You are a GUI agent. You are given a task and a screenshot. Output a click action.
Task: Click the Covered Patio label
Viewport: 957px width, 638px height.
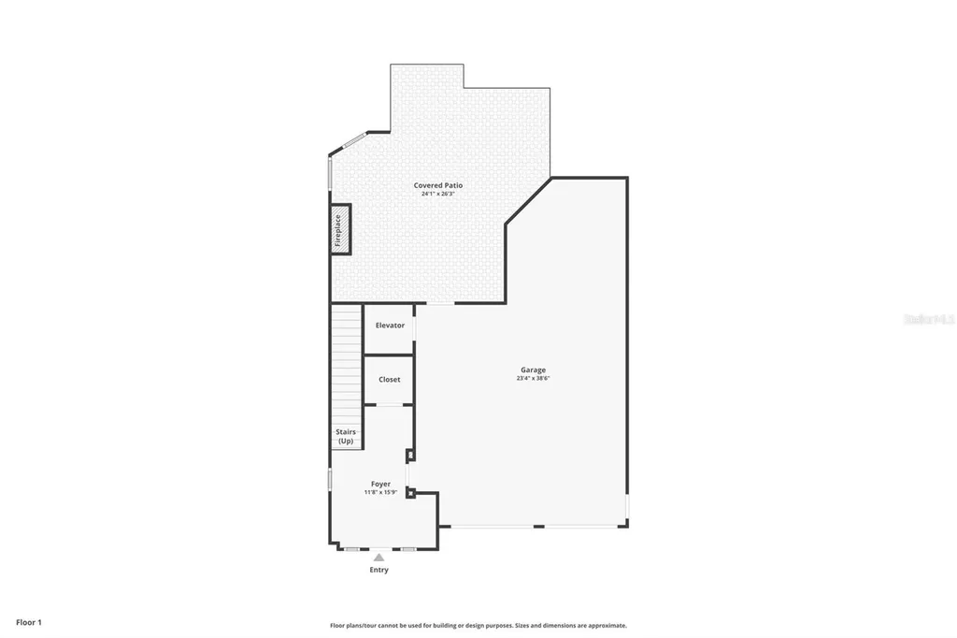[438, 185]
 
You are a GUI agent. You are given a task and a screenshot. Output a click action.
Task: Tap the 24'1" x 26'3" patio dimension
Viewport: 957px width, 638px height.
[438, 195]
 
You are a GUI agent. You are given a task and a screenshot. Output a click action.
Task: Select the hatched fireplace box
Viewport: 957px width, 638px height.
[340, 229]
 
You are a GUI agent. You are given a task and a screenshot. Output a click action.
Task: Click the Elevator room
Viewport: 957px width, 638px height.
[390, 326]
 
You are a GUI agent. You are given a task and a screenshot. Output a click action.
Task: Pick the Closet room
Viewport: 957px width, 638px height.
[389, 380]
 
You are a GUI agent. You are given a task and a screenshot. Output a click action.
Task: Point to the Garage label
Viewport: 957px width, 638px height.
[534, 370]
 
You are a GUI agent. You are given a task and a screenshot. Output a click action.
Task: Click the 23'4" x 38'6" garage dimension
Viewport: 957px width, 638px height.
[534, 379]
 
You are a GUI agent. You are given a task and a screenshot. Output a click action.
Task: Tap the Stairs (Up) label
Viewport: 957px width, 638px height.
[346, 436]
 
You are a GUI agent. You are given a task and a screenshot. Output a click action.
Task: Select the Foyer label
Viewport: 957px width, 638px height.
[380, 484]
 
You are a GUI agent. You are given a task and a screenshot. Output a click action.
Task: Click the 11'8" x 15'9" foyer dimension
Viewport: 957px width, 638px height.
[380, 492]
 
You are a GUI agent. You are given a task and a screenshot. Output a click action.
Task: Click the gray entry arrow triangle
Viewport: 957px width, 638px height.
[379, 558]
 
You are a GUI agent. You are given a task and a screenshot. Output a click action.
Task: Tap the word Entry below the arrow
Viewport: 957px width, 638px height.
[379, 570]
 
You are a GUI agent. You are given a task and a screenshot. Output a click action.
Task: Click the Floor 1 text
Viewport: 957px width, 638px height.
[28, 622]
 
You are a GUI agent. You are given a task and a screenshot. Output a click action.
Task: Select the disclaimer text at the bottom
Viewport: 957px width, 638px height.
[478, 626]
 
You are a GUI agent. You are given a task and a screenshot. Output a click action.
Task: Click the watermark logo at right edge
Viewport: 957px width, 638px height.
[928, 319]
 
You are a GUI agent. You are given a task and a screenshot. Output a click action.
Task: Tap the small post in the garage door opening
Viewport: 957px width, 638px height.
[538, 527]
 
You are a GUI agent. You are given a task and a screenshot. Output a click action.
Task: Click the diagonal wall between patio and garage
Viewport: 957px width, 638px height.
[528, 200]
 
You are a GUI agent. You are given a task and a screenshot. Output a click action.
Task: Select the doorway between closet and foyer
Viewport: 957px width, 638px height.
[389, 405]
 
